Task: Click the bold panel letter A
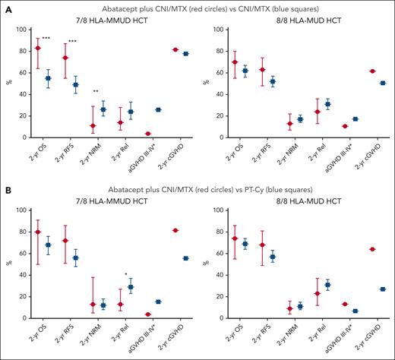(x=6, y=6)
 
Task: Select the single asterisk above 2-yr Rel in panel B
(x=125, y=274)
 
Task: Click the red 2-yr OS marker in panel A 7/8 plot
(x=38, y=48)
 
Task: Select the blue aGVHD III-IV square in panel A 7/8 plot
(x=157, y=109)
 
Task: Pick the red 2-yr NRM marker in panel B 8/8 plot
(x=290, y=308)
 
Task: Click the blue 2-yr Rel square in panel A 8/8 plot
(x=327, y=104)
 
